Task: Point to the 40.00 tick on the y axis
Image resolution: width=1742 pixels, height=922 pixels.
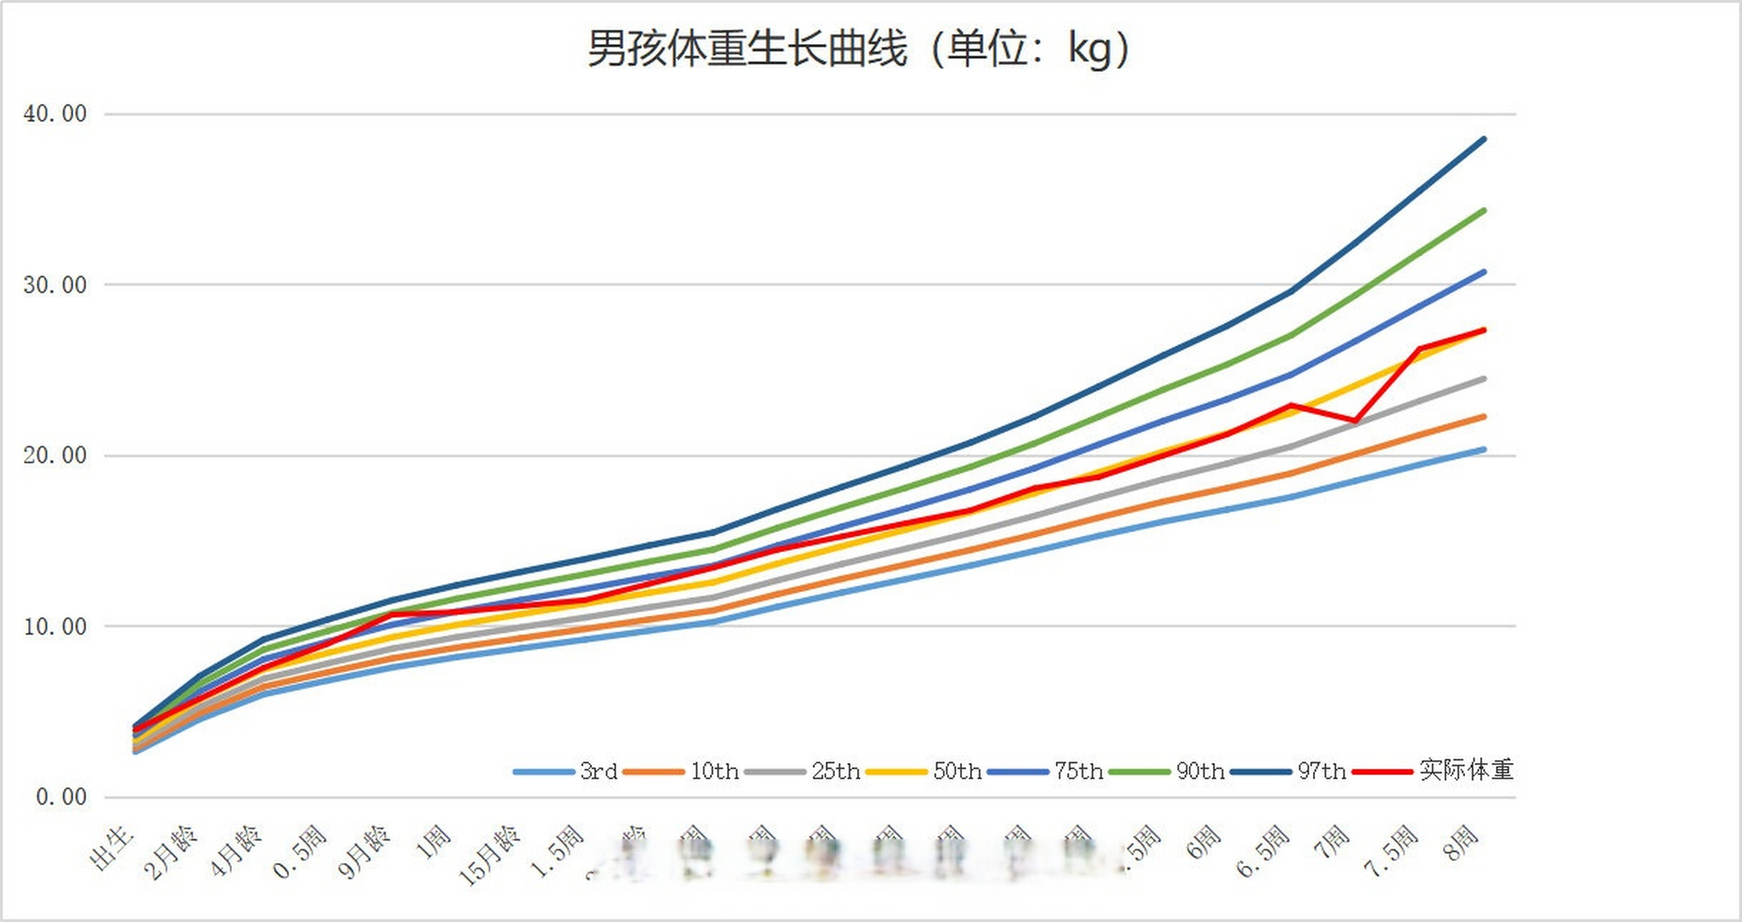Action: point(55,114)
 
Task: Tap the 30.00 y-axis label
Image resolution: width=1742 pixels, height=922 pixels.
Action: point(55,285)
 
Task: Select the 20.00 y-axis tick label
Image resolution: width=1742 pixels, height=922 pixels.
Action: point(55,455)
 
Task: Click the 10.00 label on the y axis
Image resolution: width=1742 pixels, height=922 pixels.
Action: point(55,626)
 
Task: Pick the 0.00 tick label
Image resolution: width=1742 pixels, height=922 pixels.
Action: point(61,797)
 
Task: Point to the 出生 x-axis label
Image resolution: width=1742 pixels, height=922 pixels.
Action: point(112,848)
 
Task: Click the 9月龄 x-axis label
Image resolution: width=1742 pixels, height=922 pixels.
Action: point(364,851)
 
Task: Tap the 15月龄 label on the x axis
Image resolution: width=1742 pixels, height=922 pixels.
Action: point(490,855)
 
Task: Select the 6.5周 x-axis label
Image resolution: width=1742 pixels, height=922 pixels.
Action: point(1264,851)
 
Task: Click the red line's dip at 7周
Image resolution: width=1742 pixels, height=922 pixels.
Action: point(1356,421)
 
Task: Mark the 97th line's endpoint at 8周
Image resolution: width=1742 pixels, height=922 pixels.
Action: point(1484,138)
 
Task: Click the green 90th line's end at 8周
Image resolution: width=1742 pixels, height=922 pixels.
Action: point(1484,210)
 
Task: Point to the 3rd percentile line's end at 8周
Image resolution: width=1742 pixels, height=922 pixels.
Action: point(1484,449)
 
